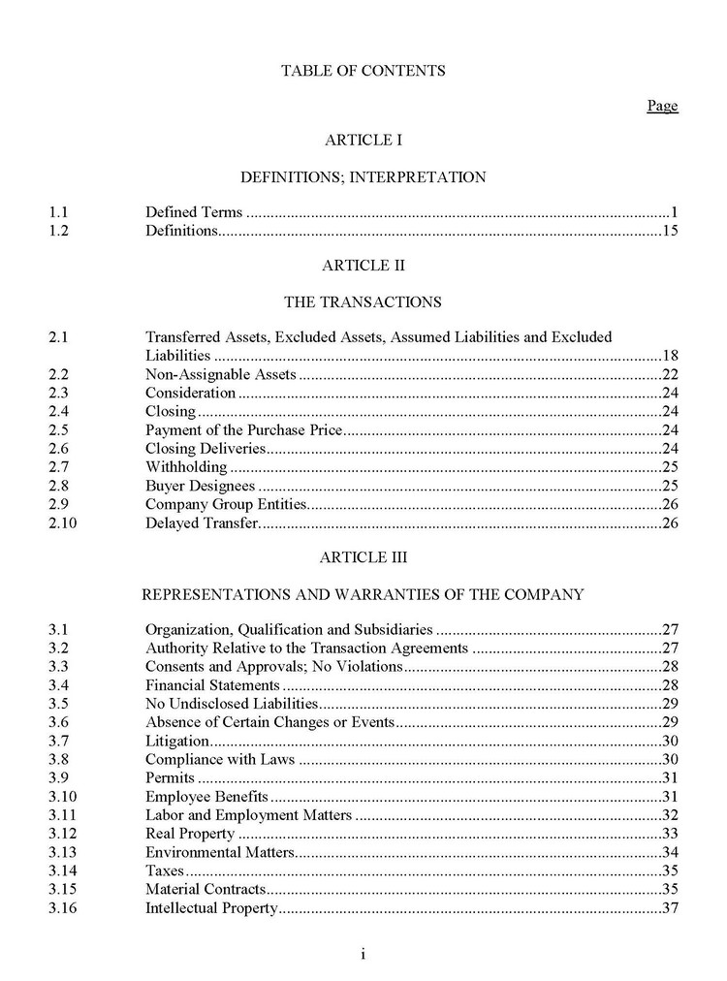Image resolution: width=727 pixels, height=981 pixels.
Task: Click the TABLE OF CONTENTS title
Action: point(363,71)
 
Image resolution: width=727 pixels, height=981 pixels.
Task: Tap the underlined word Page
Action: point(662,106)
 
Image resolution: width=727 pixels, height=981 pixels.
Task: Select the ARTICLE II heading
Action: point(363,265)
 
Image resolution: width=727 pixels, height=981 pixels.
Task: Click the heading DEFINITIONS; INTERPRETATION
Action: point(363,177)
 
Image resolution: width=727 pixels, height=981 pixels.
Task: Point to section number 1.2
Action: point(60,231)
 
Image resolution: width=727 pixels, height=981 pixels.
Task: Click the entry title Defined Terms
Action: point(194,212)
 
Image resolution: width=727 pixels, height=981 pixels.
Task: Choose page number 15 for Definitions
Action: point(669,231)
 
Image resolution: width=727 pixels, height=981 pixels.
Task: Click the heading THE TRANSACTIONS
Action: point(363,301)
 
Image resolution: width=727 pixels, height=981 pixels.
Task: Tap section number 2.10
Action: point(63,523)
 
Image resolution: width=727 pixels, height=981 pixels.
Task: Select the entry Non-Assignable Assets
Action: point(220,374)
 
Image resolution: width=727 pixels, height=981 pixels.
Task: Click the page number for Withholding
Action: point(669,467)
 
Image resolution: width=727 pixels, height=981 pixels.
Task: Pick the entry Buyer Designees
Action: point(200,486)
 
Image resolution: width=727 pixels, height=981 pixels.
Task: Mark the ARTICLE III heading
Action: point(363,557)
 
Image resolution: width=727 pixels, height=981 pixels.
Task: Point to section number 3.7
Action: point(60,741)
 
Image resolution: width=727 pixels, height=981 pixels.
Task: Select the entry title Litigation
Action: point(176,741)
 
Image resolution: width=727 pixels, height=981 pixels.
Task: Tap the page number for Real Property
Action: point(669,834)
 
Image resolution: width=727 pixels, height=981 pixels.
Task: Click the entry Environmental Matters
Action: point(219,852)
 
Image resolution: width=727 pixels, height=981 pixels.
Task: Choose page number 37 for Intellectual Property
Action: point(669,908)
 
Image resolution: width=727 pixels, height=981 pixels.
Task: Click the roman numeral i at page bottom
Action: point(363,955)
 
